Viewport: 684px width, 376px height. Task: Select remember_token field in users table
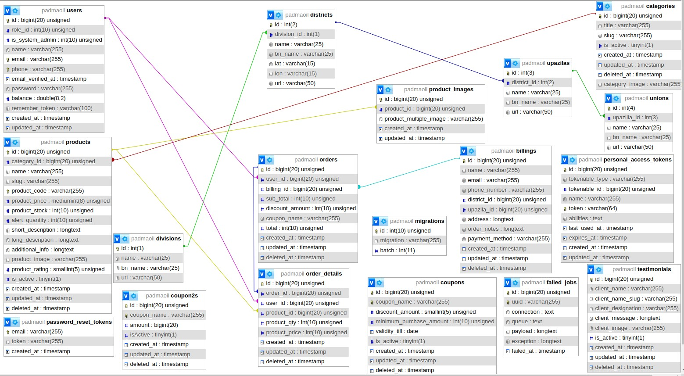point(52,108)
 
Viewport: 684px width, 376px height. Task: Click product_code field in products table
point(47,191)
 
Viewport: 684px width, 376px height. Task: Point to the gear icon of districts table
point(278,15)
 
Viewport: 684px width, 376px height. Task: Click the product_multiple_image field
point(433,119)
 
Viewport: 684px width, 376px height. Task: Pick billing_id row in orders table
point(304,189)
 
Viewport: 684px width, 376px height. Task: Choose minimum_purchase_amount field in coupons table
point(435,322)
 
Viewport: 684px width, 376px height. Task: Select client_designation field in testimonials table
point(637,308)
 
